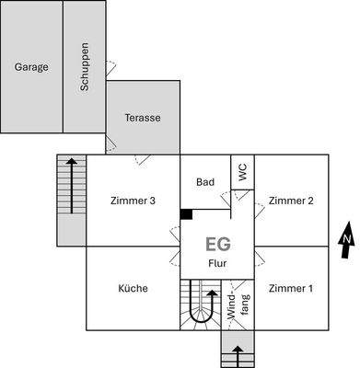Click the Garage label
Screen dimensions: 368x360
click(x=31, y=66)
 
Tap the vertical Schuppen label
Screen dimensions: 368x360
click(x=85, y=66)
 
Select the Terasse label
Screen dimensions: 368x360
click(x=143, y=118)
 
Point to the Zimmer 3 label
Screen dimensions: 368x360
click(x=133, y=201)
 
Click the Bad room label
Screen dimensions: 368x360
click(x=205, y=182)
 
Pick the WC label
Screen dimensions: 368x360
click(x=242, y=171)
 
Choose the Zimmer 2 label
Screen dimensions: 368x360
click(x=291, y=201)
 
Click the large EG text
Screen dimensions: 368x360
click(x=217, y=245)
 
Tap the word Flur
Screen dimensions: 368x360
click(x=217, y=263)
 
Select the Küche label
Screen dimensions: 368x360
click(x=133, y=288)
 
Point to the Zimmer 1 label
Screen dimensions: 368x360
click(x=291, y=288)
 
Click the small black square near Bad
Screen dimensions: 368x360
click(x=186, y=214)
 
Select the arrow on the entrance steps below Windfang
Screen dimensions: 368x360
click(x=238, y=353)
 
